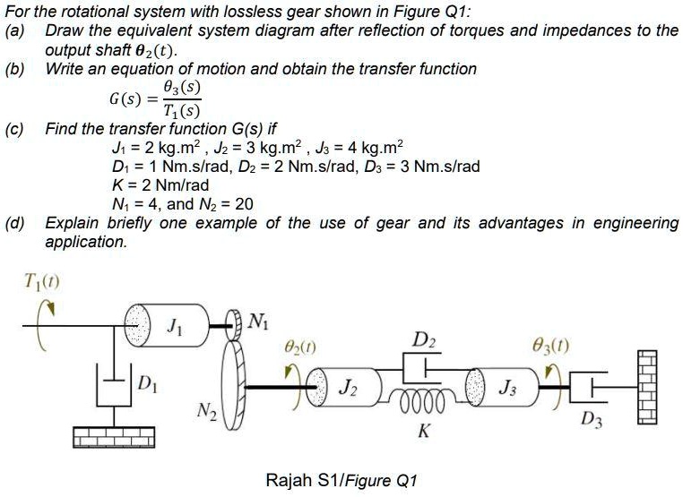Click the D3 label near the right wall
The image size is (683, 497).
click(x=590, y=418)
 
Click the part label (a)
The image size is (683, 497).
click(x=13, y=30)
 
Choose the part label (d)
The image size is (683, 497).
click(x=13, y=223)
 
